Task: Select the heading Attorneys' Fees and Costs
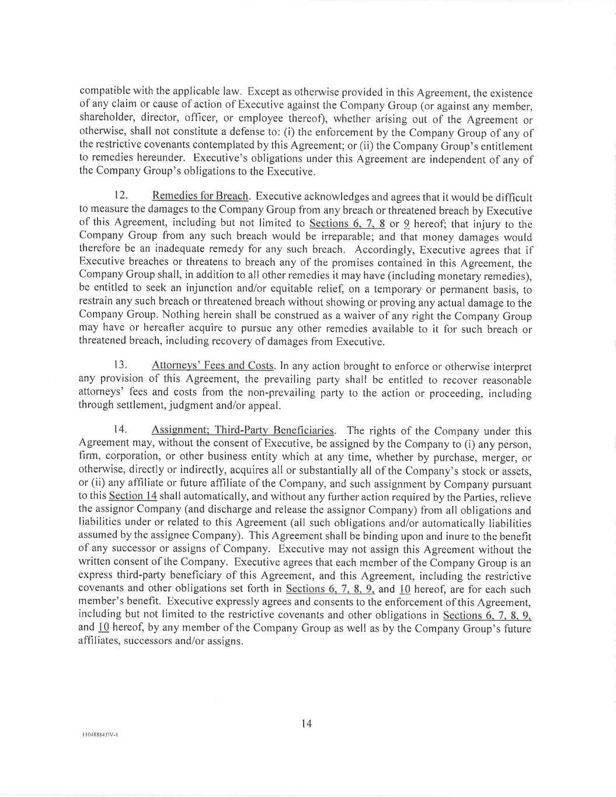click(213, 366)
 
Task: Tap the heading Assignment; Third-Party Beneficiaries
click(243, 430)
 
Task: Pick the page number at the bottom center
click(307, 724)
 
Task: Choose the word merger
click(496, 457)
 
